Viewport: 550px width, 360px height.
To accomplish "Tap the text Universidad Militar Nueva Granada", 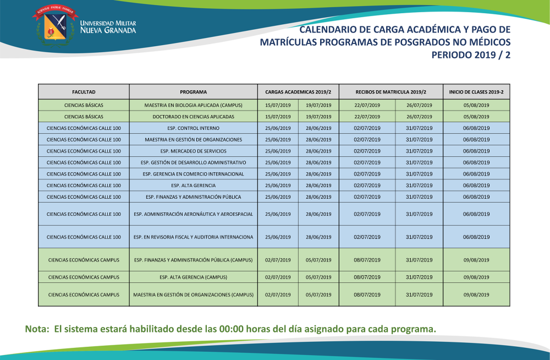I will [108, 27].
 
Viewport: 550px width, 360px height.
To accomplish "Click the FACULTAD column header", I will [84, 92].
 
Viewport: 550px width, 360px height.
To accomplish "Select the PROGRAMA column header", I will [193, 92].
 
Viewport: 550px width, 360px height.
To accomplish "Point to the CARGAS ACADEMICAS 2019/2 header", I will [298, 92].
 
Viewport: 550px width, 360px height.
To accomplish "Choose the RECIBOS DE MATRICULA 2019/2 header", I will [391, 92].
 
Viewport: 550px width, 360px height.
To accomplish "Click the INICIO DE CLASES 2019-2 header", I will [476, 92].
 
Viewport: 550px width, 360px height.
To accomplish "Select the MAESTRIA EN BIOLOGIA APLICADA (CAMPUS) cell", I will [193, 105].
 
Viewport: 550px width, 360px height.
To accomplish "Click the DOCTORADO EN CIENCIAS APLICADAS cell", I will [193, 117].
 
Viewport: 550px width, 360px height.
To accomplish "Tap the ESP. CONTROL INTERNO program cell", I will [193, 128].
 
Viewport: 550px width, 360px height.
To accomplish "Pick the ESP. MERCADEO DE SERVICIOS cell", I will [193, 151].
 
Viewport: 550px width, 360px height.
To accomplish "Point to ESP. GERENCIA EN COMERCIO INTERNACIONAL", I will [193, 174].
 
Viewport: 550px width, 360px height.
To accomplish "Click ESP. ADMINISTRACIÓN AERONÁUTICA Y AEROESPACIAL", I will [193, 214].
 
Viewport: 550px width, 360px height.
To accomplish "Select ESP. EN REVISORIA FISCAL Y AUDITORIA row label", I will [193, 237].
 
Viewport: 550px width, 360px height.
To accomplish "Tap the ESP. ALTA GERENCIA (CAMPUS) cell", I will [193, 277].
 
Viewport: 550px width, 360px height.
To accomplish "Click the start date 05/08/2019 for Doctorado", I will [476, 117].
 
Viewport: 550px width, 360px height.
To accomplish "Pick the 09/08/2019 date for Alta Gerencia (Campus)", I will [476, 277].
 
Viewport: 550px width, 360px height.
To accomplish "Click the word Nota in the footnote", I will [36, 329].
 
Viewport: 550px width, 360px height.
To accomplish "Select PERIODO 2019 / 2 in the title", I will [471, 55].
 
